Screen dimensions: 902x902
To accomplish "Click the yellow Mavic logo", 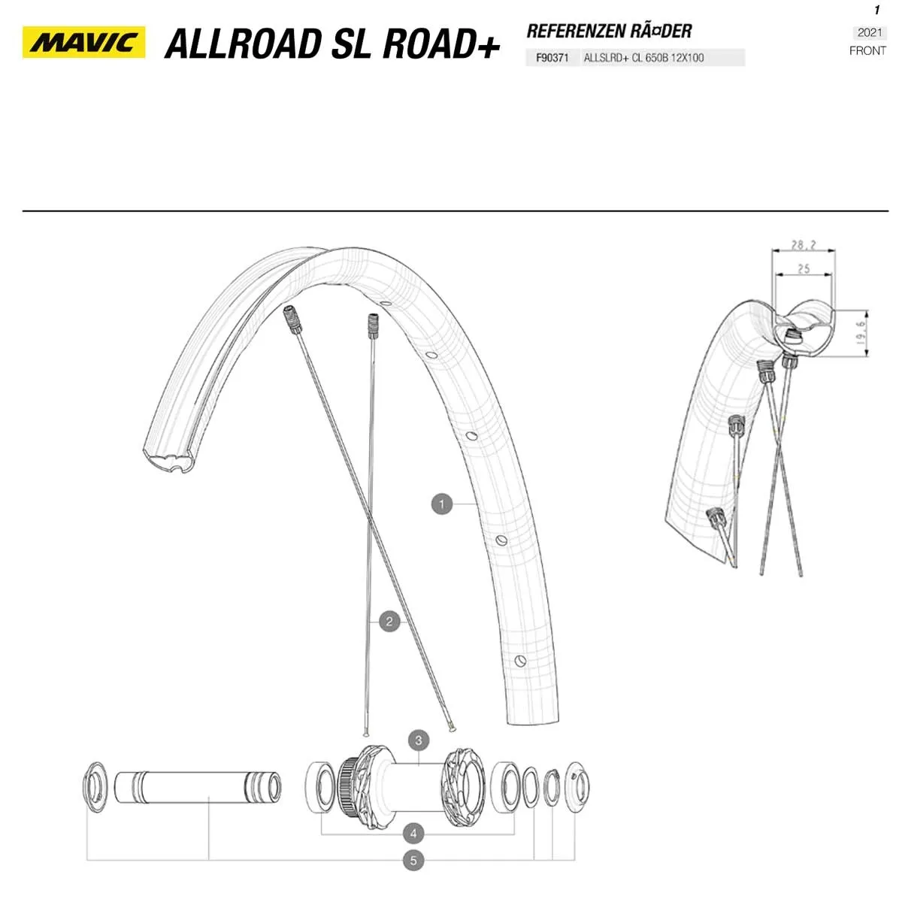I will point(83,43).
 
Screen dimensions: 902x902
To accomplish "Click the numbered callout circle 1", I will point(442,504).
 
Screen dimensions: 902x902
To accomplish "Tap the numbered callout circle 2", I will point(389,622).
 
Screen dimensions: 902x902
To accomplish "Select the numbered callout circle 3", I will point(419,740).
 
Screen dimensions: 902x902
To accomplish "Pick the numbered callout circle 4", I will point(413,833).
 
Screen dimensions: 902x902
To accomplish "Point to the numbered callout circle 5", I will point(413,861).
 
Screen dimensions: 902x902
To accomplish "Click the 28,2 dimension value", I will point(804,245).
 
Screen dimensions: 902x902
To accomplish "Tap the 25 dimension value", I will point(804,268).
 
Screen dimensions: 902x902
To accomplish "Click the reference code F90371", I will point(552,58).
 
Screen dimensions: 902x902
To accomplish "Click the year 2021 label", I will point(870,32).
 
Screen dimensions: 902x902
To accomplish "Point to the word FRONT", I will point(867,51).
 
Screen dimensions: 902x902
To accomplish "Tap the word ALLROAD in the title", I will point(241,44).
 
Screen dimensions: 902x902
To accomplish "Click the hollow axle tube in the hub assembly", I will point(197,786).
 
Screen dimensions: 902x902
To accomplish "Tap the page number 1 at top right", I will point(876,11).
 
